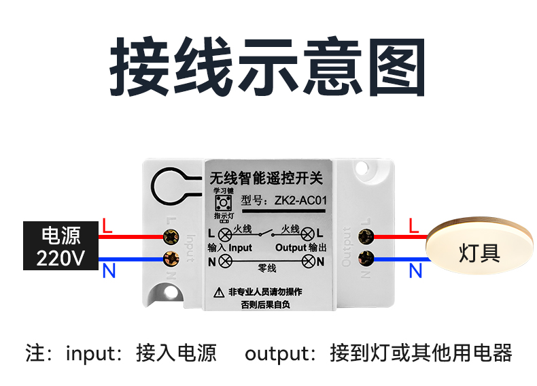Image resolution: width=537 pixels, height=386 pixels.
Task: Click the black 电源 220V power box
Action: (x=60, y=246)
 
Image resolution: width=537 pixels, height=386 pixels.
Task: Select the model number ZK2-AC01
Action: (x=301, y=201)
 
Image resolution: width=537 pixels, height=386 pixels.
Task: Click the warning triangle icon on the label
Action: (x=219, y=292)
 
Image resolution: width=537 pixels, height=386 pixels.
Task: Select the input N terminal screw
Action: (x=170, y=259)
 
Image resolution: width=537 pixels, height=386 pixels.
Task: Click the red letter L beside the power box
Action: (x=107, y=225)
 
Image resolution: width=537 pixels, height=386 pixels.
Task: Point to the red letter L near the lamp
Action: (x=414, y=225)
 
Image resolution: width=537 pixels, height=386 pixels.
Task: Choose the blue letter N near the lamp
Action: (x=415, y=272)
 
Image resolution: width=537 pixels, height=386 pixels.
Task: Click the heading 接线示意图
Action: (x=268, y=68)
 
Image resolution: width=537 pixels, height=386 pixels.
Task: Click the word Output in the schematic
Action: (x=291, y=247)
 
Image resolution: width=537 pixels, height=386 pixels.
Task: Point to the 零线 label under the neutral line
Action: (x=267, y=268)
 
